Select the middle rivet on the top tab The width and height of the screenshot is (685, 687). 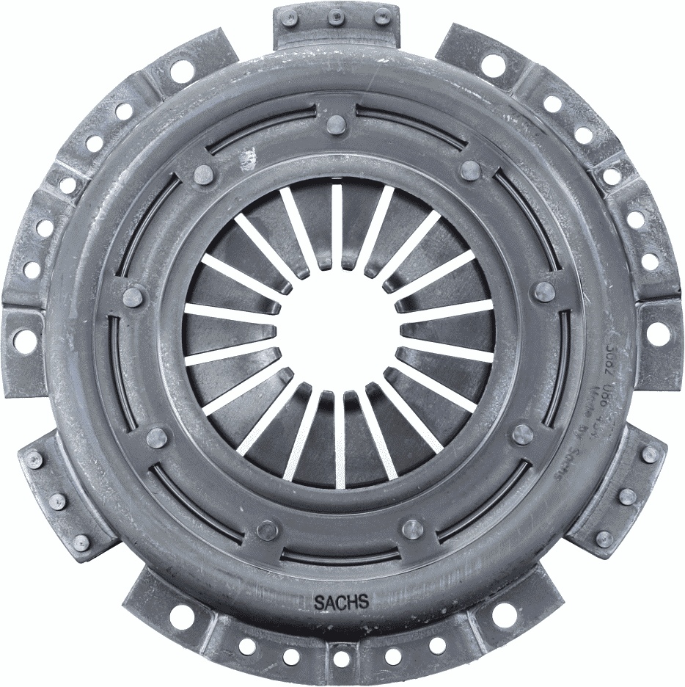coord(335,15)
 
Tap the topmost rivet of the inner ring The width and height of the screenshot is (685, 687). coord(335,124)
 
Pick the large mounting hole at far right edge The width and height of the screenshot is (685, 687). coord(658,334)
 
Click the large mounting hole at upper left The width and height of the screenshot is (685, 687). coord(181,70)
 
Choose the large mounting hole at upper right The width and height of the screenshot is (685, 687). coord(493,66)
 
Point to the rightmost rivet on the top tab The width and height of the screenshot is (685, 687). coord(381,17)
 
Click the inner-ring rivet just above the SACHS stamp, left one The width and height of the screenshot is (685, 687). coord(268,529)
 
